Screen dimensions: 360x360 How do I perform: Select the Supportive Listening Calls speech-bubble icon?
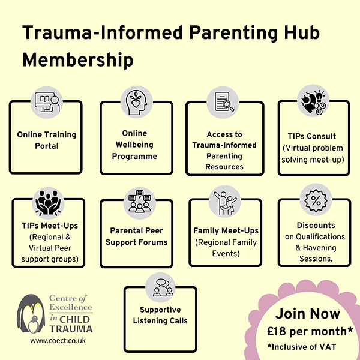[160, 287]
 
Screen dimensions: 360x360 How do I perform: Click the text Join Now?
[308, 314]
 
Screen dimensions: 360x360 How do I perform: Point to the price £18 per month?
[310, 331]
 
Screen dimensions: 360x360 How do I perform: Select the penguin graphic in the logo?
[30, 313]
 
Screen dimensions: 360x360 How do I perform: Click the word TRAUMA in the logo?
[71, 328]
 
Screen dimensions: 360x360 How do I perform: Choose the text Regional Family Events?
[225, 248]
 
